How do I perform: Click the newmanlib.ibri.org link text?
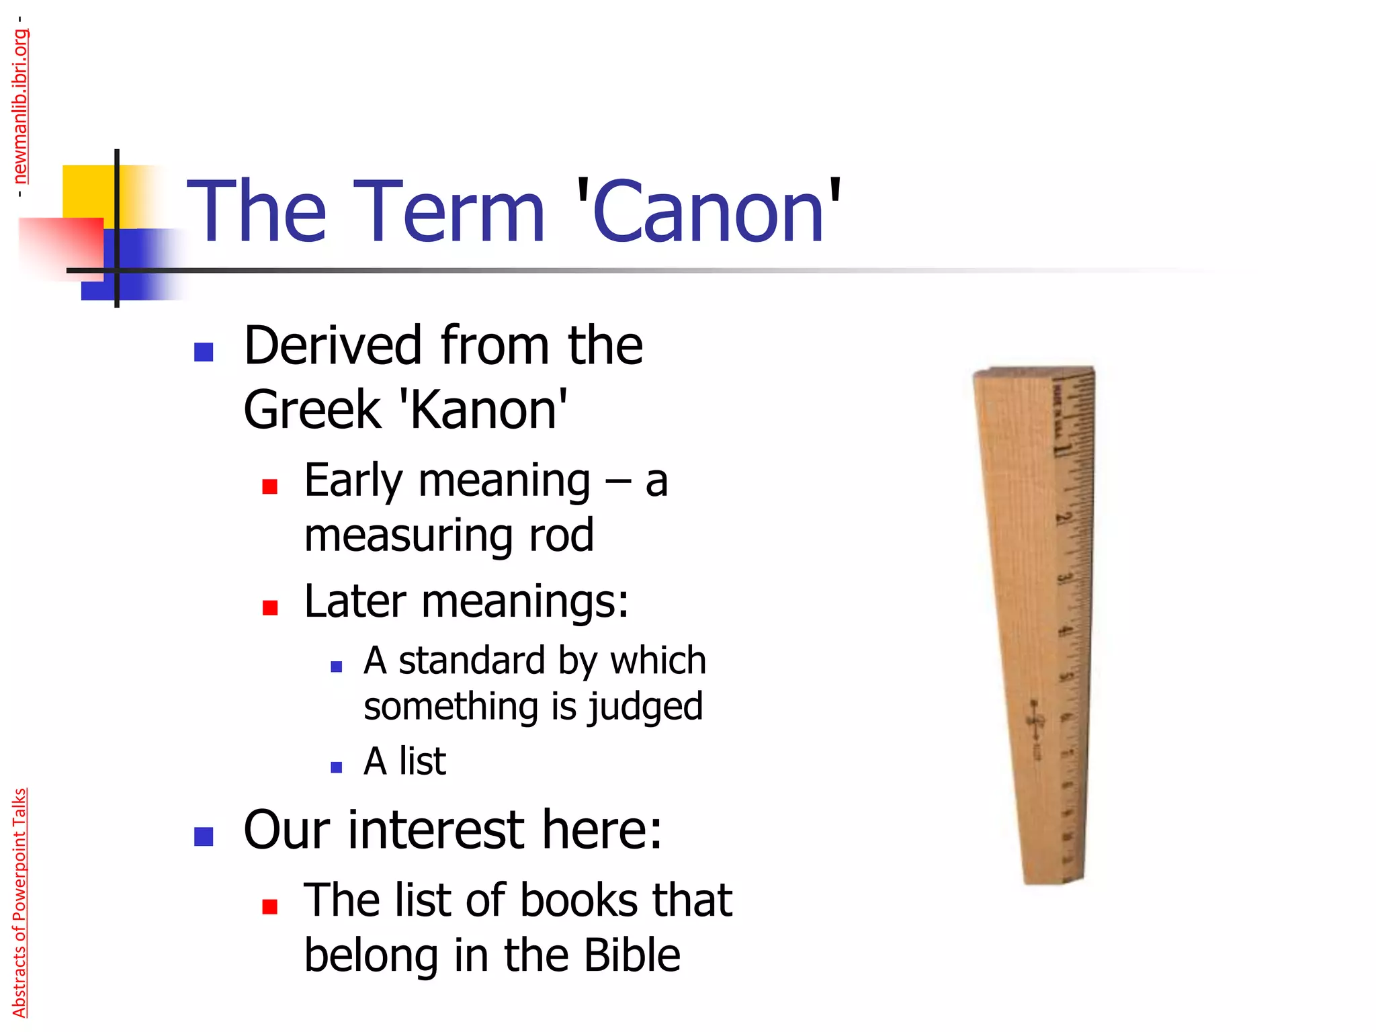pyautogui.click(x=21, y=106)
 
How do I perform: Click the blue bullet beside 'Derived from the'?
pyautogui.click(x=203, y=351)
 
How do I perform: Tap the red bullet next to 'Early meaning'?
pyautogui.click(x=270, y=486)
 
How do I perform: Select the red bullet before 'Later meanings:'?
pyautogui.click(x=270, y=607)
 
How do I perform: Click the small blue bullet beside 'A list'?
pyautogui.click(x=337, y=767)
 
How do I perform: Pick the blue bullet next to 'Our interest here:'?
pyautogui.click(x=203, y=836)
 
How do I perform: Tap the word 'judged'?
pyautogui.click(x=645, y=707)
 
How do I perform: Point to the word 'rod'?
pyautogui.click(x=562, y=535)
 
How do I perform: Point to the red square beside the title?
pyautogui.click(x=64, y=245)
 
